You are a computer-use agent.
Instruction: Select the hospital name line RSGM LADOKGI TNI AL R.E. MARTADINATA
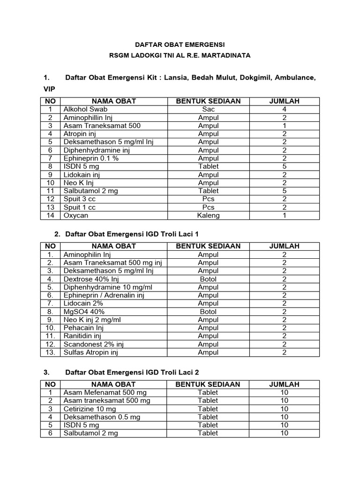click(x=180, y=55)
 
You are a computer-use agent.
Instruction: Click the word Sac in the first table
click(x=208, y=109)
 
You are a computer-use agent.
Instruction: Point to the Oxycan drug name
click(x=76, y=215)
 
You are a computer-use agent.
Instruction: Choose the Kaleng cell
click(x=208, y=215)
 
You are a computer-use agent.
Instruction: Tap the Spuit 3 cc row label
click(x=80, y=199)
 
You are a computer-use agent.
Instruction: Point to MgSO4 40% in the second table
click(x=84, y=311)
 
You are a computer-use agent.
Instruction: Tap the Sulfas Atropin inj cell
click(x=97, y=352)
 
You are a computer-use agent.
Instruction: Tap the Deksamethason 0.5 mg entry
click(x=102, y=417)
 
